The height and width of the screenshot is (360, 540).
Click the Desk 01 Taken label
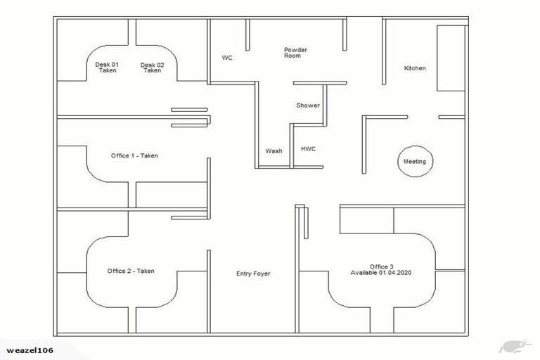click(107, 67)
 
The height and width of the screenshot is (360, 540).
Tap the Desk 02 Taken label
click(152, 67)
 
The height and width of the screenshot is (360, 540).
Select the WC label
click(227, 58)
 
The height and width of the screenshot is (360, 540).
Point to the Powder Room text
click(295, 53)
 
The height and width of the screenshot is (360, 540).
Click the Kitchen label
click(415, 68)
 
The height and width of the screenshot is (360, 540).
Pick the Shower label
click(308, 105)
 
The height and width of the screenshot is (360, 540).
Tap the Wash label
click(274, 151)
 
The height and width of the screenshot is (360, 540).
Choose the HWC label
click(308, 150)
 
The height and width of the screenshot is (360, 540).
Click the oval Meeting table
click(414, 162)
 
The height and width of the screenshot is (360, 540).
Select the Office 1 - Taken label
click(134, 155)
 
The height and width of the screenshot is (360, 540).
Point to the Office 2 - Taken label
click(131, 271)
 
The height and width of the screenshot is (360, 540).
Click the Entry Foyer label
click(253, 274)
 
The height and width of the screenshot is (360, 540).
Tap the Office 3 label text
click(381, 266)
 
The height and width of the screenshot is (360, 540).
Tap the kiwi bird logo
click(510, 347)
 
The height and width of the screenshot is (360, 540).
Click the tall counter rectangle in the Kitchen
click(451, 58)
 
